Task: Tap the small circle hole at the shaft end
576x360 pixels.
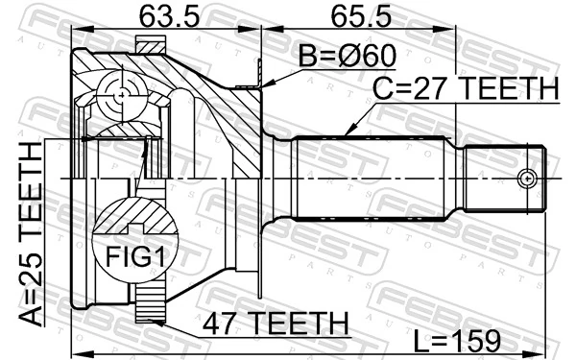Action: pos(525,179)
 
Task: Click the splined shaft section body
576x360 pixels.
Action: pos(374,179)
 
